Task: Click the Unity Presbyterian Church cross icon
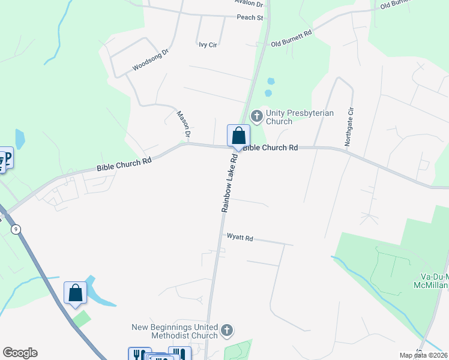257,115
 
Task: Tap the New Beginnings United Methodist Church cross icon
227,330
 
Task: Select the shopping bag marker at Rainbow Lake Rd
238,136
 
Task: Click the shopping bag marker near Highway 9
76,293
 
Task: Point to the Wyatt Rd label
240,238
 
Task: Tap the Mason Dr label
183,122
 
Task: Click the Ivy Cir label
207,44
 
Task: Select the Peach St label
250,18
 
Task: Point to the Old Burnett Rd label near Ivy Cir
292,39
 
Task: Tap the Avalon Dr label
249,4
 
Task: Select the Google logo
20,353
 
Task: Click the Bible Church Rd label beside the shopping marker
270,148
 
